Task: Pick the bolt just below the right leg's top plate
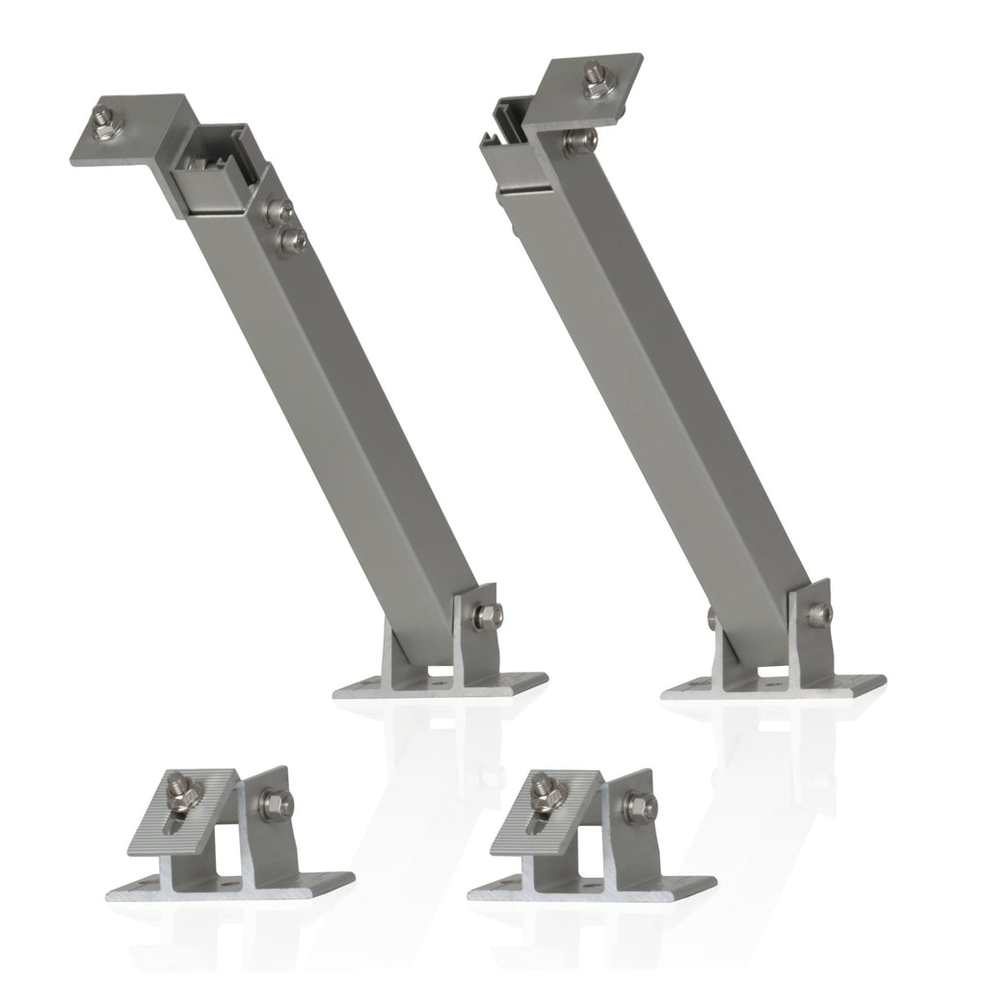click(x=576, y=142)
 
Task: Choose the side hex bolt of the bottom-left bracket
click(x=274, y=799)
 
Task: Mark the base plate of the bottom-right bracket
click(x=593, y=888)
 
